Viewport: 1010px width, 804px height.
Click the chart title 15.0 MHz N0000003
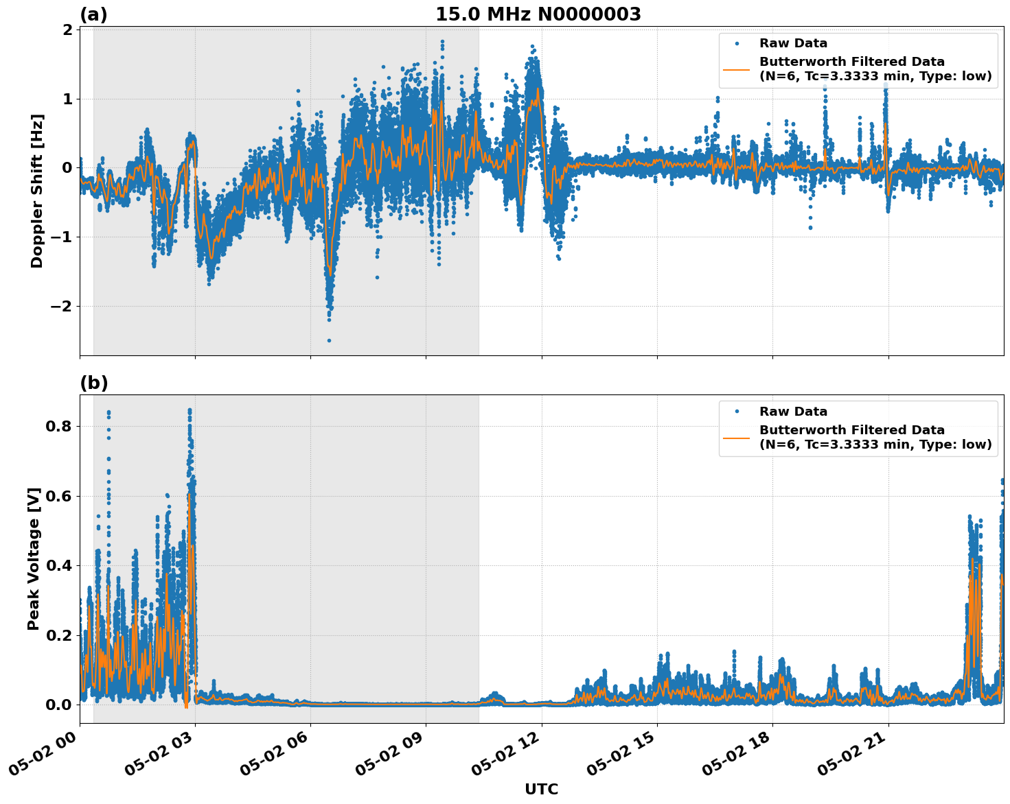538,14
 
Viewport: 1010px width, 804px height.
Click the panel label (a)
93,14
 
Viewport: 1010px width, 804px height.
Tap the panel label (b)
93,383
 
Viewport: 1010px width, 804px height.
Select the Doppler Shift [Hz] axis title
37,191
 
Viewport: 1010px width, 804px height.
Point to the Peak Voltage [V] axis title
34,558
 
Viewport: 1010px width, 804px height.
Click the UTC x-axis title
541,789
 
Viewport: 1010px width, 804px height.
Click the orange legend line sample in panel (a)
736,69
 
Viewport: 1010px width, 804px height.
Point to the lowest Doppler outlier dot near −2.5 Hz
329,340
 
